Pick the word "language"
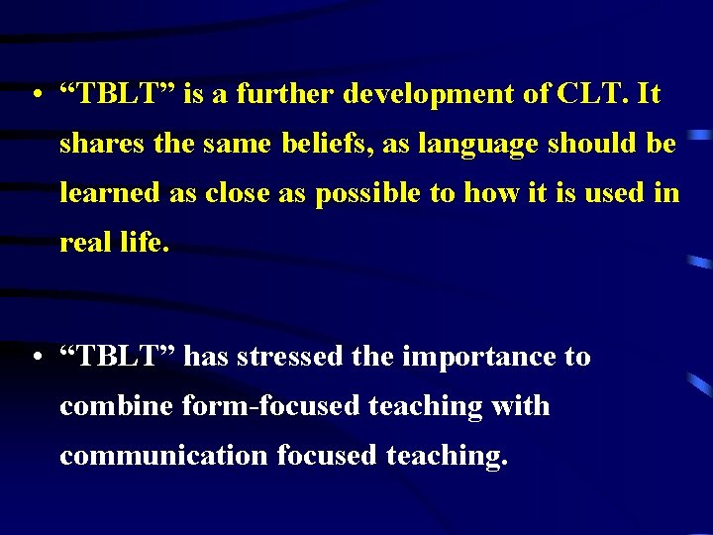coord(475,145)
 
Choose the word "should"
coord(591,145)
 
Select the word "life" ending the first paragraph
coord(145,243)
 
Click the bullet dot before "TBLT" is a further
coord(36,96)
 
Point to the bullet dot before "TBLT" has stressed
coord(36,358)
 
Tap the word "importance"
coord(479,357)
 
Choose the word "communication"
coord(163,455)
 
